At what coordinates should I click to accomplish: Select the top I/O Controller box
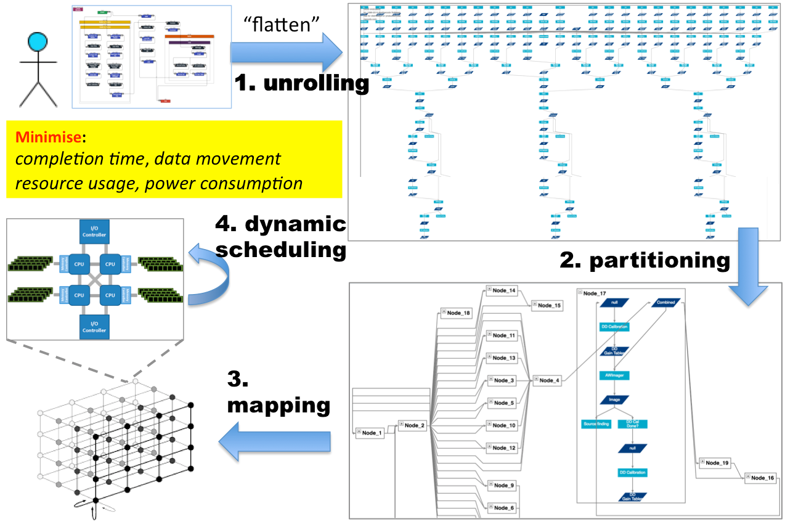(x=94, y=231)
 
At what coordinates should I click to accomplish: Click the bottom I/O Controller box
(x=94, y=327)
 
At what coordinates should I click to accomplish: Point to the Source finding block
(x=596, y=424)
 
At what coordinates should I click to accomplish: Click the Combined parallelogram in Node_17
(x=665, y=303)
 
